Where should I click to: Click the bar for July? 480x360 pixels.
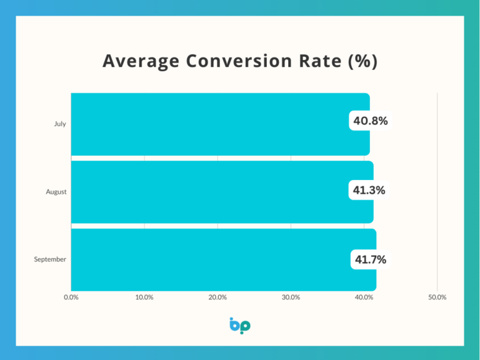point(219,124)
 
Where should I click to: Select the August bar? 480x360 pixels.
point(219,192)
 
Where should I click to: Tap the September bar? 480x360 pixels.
point(219,259)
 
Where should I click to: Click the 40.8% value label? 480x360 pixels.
point(370,121)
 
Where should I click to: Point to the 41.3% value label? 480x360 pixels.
point(369,190)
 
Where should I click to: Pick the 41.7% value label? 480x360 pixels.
point(370,259)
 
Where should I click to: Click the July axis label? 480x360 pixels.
point(59,124)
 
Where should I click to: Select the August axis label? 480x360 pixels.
point(56,192)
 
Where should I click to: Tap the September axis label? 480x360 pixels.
point(50,259)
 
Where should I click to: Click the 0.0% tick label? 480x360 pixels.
point(71,297)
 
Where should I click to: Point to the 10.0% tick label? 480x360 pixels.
point(144,297)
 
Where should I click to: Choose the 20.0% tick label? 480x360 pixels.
point(217,297)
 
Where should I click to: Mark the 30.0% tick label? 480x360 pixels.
point(291,297)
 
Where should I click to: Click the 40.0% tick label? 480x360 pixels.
point(364,297)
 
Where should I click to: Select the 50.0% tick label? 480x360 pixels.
point(437,297)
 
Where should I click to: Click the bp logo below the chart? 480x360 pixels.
point(240,326)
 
